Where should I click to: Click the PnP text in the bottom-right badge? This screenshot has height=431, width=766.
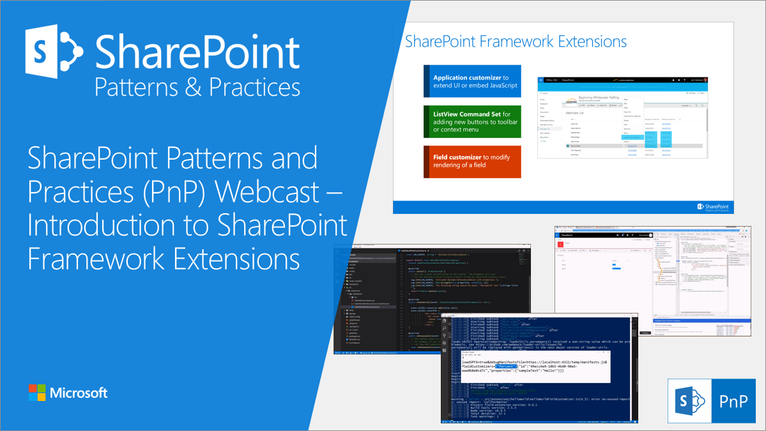click(735, 401)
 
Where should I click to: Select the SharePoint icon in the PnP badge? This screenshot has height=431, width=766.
click(691, 401)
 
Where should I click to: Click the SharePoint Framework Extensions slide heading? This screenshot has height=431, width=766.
click(516, 42)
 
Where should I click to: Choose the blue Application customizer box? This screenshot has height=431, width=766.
click(472, 81)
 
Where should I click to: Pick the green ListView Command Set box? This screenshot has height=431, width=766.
click(472, 121)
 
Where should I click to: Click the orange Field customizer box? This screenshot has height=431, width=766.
click(472, 162)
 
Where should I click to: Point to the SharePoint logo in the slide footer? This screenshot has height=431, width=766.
click(712, 207)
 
